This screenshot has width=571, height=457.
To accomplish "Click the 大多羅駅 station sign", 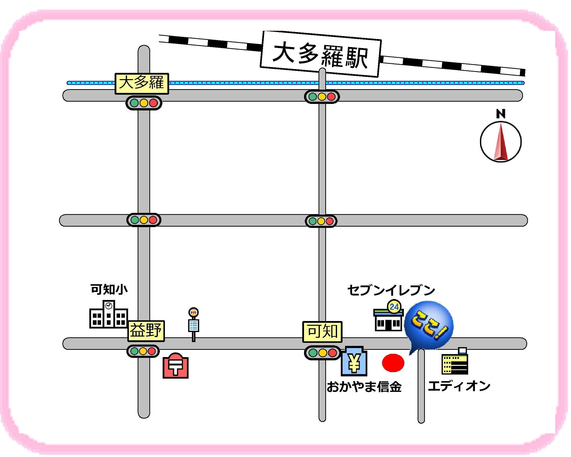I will pos(321,54).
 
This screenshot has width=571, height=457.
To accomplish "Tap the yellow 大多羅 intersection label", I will pos(142,83).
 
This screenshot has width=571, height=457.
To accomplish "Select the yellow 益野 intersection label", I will pos(146,331).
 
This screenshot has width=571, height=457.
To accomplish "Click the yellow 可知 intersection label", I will pos(322,331).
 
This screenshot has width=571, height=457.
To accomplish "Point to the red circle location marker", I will pos(393,363).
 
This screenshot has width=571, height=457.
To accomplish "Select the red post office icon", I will pos(175,366).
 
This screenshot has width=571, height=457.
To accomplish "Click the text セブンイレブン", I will pos(391,290).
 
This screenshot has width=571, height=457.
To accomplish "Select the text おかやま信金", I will pos(364,387).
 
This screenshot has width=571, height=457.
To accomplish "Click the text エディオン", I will pos(459,386).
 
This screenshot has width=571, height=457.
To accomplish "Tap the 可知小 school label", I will pos(109,289).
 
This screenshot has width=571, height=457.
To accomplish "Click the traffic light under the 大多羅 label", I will pos(144,103).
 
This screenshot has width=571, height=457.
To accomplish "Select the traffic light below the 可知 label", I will pos(322,353).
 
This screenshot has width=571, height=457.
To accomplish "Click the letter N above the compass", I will pos(500,114).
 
